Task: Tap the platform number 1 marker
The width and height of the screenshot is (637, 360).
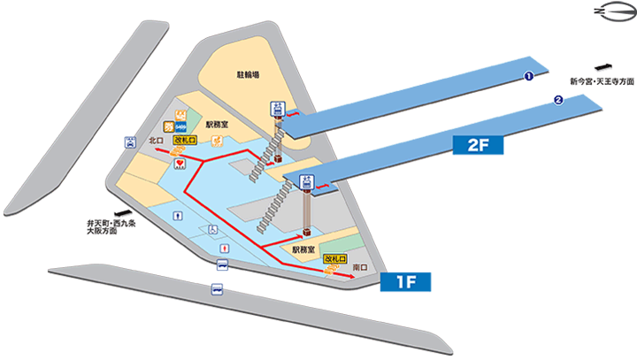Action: [528, 77]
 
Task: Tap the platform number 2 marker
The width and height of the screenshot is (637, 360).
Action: [558, 100]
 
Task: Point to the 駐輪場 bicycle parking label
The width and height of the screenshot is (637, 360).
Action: [249, 76]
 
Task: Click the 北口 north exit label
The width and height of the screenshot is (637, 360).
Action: [157, 140]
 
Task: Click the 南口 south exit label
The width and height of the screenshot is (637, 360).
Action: [359, 266]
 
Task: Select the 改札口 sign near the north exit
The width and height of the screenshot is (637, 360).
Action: [183, 140]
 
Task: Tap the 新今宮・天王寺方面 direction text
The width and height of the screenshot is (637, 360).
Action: [602, 80]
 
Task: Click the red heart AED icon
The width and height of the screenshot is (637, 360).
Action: [180, 164]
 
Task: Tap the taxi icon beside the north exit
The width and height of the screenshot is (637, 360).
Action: [131, 141]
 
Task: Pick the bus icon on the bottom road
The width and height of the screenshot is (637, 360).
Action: [216, 289]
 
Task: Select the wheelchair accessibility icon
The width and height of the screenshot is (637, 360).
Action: [212, 228]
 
